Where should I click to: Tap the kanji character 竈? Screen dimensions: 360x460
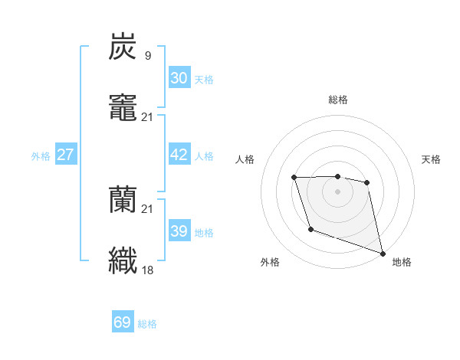pos(123,107)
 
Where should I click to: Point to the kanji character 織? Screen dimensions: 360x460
pos(123,260)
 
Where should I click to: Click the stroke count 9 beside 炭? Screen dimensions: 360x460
pos(147,55)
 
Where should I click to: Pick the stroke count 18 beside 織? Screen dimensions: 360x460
pos(147,270)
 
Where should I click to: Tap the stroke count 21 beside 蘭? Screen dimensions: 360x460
pos(147,209)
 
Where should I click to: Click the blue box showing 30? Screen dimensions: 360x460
pos(179,78)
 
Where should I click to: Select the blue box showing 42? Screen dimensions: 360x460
pos(179,155)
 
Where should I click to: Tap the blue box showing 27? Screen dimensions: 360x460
pos(65,155)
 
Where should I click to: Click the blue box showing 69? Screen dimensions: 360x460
pos(123,322)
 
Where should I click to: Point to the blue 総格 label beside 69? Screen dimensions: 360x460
pos(147,324)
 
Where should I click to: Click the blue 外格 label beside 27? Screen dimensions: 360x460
pos(41,156)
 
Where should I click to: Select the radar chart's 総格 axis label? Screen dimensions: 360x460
pos(338,100)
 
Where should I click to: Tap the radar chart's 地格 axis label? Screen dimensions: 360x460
pos(402,262)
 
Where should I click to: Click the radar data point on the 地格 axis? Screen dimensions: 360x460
pos(383,253)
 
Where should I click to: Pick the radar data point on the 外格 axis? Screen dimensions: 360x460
pos(310,229)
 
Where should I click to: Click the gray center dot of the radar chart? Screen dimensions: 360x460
pos(338,191)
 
